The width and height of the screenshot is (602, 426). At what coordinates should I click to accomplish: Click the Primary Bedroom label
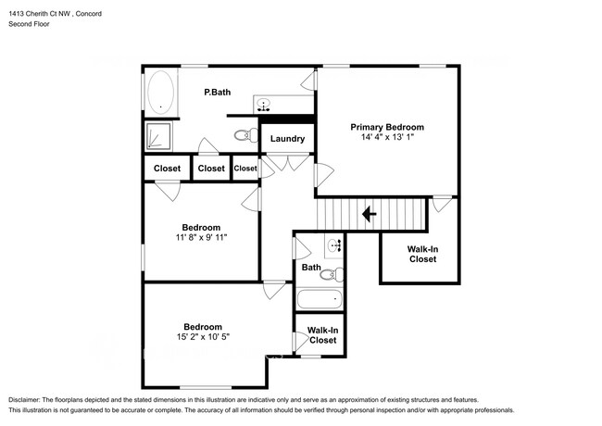coord(386,127)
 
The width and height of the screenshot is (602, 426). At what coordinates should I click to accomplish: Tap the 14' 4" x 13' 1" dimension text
coord(386,137)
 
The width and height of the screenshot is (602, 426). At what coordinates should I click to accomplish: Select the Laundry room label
coord(287,139)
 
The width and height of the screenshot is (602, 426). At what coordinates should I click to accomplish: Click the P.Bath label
coord(218,93)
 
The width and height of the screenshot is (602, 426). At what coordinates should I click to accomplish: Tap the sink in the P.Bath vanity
coord(265,104)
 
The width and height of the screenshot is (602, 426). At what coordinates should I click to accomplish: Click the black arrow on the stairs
coord(368,215)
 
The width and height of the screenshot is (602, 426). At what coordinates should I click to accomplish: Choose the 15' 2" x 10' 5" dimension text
coord(202,337)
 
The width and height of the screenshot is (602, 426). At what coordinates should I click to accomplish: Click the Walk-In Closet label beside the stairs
coord(422,254)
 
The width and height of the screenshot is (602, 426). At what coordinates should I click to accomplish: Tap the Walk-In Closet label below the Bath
coord(322,335)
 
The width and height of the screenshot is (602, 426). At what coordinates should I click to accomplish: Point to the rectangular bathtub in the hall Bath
coord(320,300)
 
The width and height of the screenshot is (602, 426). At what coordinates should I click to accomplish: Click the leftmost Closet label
coord(167,169)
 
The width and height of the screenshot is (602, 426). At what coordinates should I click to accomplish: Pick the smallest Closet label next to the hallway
coord(245,169)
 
